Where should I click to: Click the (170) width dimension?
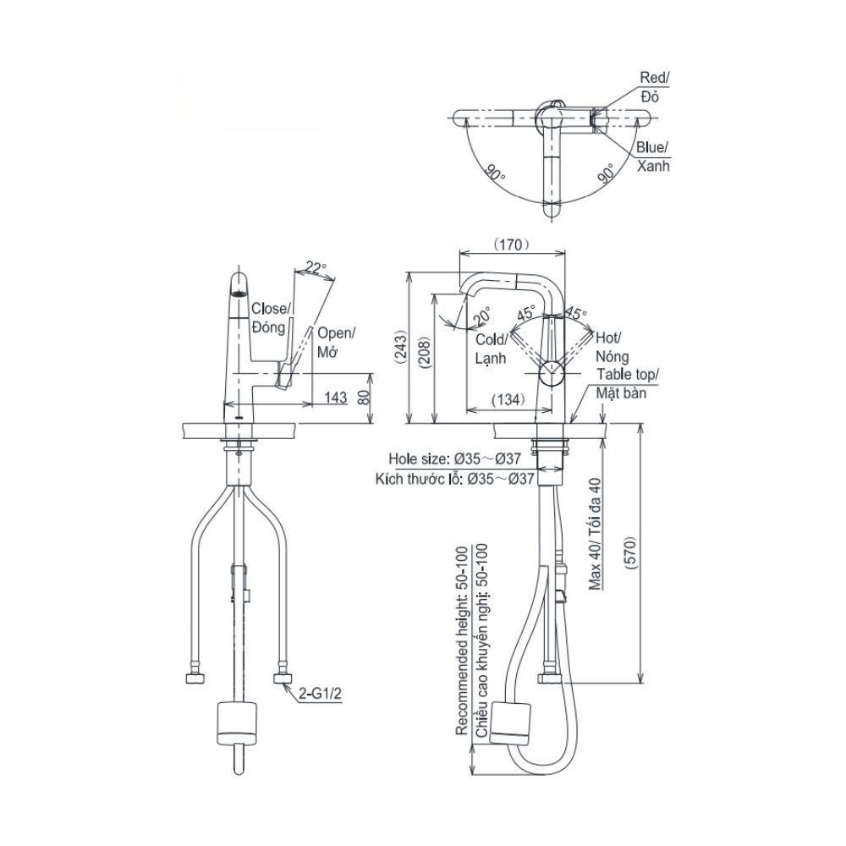[x=510, y=244]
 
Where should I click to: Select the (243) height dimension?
[x=402, y=347]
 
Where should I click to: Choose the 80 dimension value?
[x=364, y=398]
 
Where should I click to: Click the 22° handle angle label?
[x=315, y=268]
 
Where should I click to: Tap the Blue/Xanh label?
[x=653, y=157]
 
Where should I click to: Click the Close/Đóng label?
[x=271, y=318]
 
